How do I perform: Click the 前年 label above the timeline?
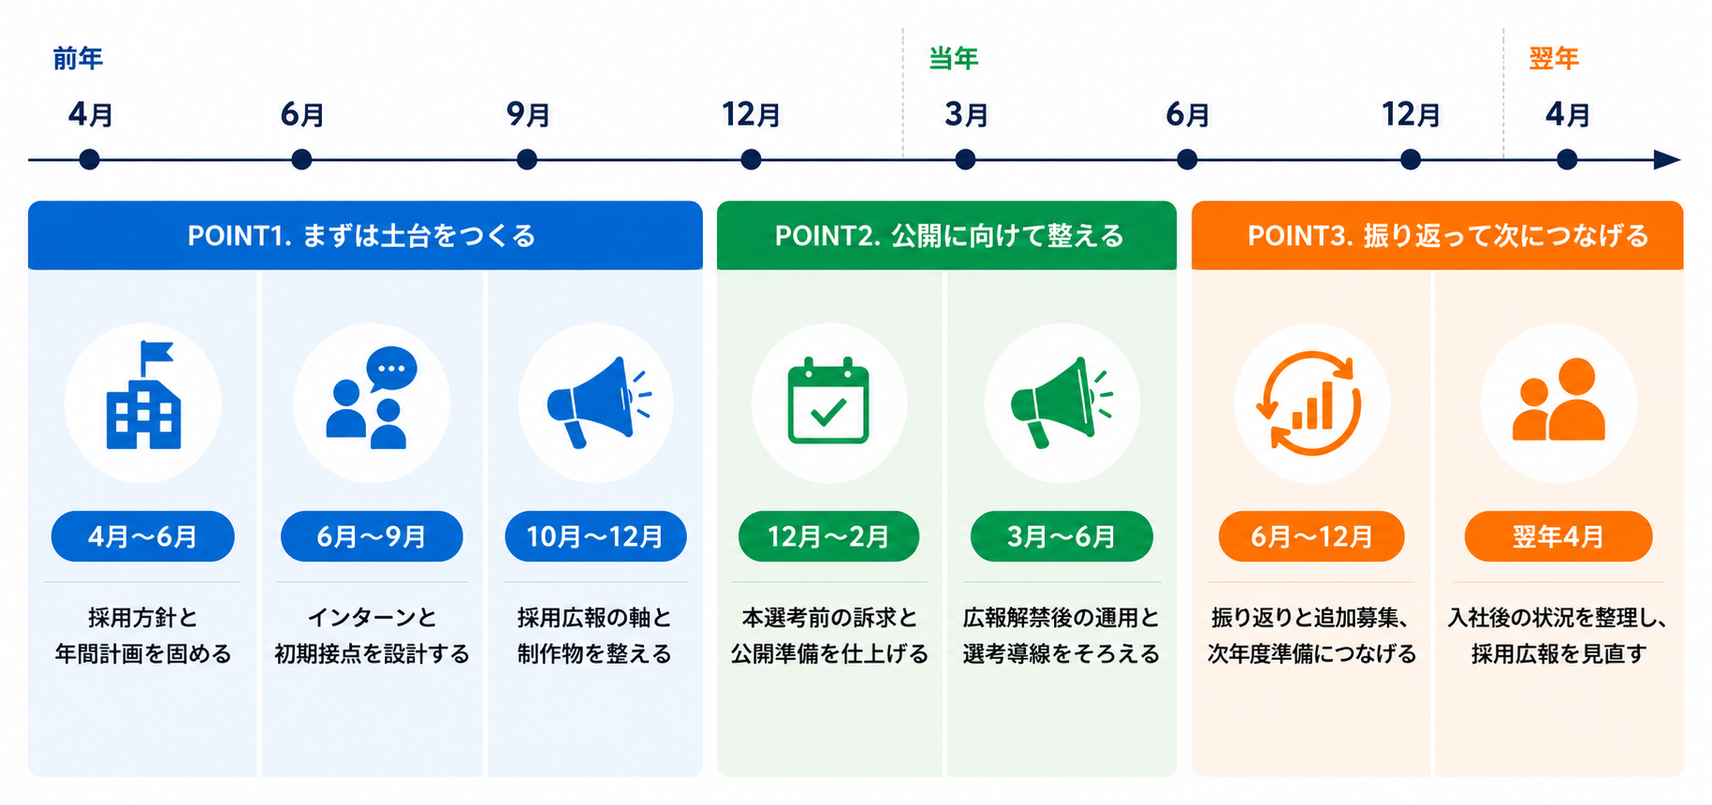click(x=78, y=59)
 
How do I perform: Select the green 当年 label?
click(x=953, y=59)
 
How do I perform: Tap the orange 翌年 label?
click(x=1554, y=59)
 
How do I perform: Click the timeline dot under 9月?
click(x=527, y=160)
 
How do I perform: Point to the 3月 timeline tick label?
click(x=966, y=114)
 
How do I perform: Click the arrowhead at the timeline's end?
click(x=1668, y=160)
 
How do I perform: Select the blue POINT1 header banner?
click(x=365, y=235)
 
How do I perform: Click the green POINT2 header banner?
click(x=946, y=235)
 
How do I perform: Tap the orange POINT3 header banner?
click(x=1437, y=235)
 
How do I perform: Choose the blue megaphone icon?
click(x=598, y=402)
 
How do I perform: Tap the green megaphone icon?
click(x=1061, y=402)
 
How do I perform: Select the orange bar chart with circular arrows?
click(x=1310, y=403)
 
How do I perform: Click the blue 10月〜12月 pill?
click(x=595, y=536)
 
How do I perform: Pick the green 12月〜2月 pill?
click(x=828, y=536)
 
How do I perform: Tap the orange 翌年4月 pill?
click(x=1558, y=536)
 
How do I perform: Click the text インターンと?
click(x=372, y=618)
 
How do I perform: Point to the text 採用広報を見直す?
click(x=1558, y=653)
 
